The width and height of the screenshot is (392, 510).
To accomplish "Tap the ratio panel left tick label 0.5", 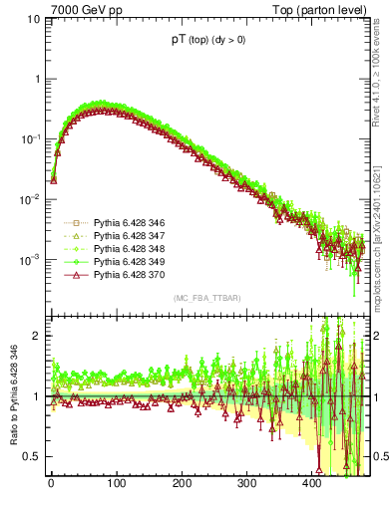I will (x=32, y=456).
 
